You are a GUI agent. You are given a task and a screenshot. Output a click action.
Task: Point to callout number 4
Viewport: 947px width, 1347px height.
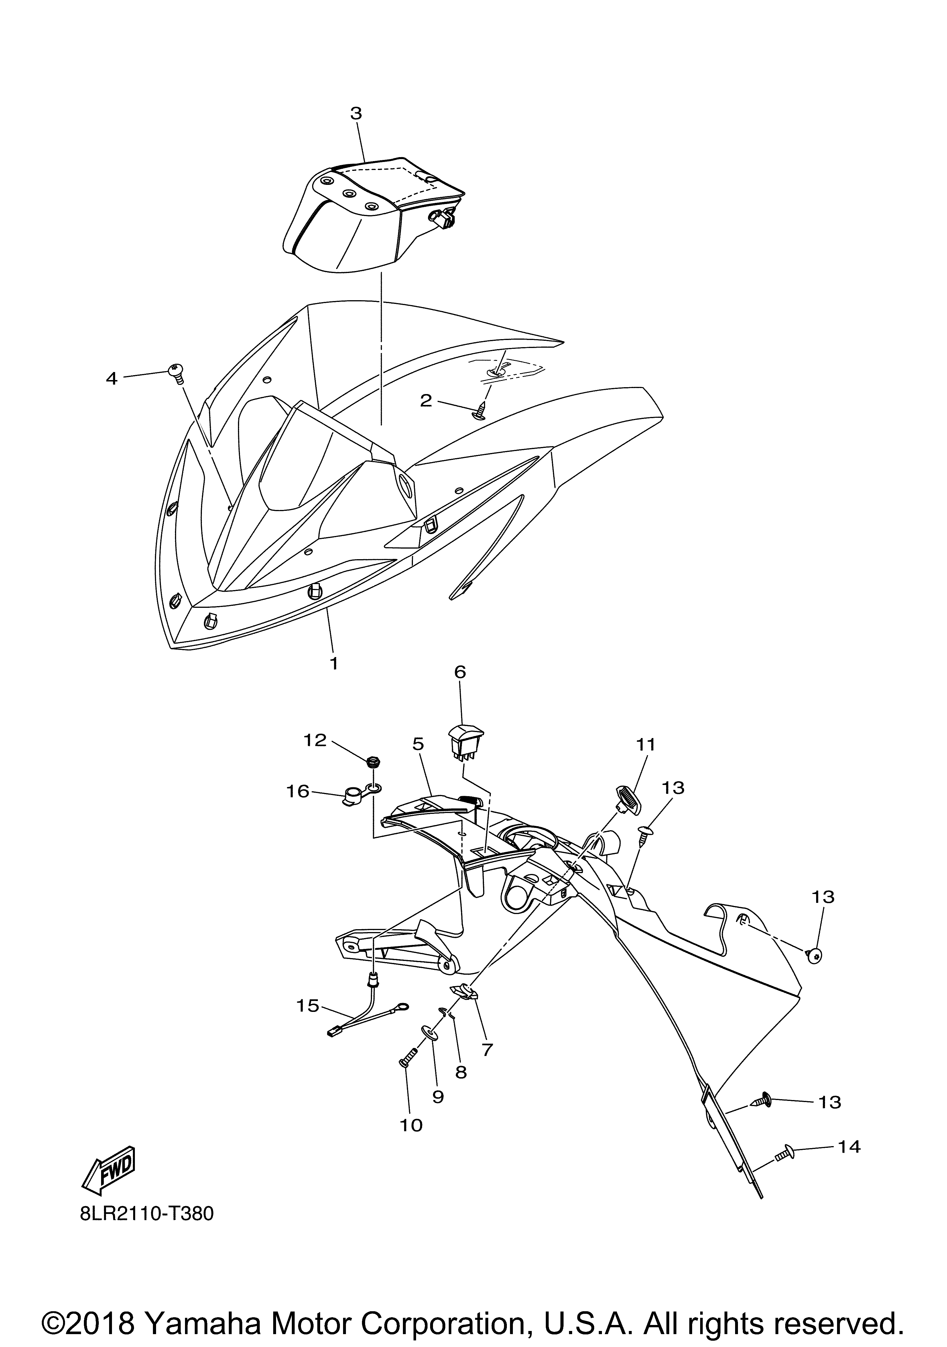point(112,378)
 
